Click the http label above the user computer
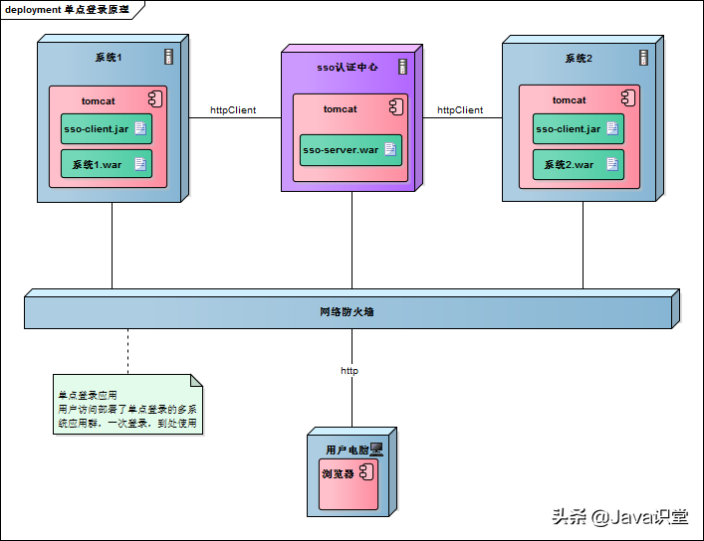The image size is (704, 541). (350, 371)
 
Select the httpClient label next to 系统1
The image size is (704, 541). (233, 110)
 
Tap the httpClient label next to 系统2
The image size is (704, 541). (460, 110)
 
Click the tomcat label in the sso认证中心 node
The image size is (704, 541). (340, 109)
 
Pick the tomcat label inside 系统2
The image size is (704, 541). (570, 100)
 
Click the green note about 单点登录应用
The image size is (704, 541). (127, 408)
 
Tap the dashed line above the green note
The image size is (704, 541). (127, 351)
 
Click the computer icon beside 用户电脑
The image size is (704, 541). (376, 450)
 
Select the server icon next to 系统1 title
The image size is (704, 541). (169, 57)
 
